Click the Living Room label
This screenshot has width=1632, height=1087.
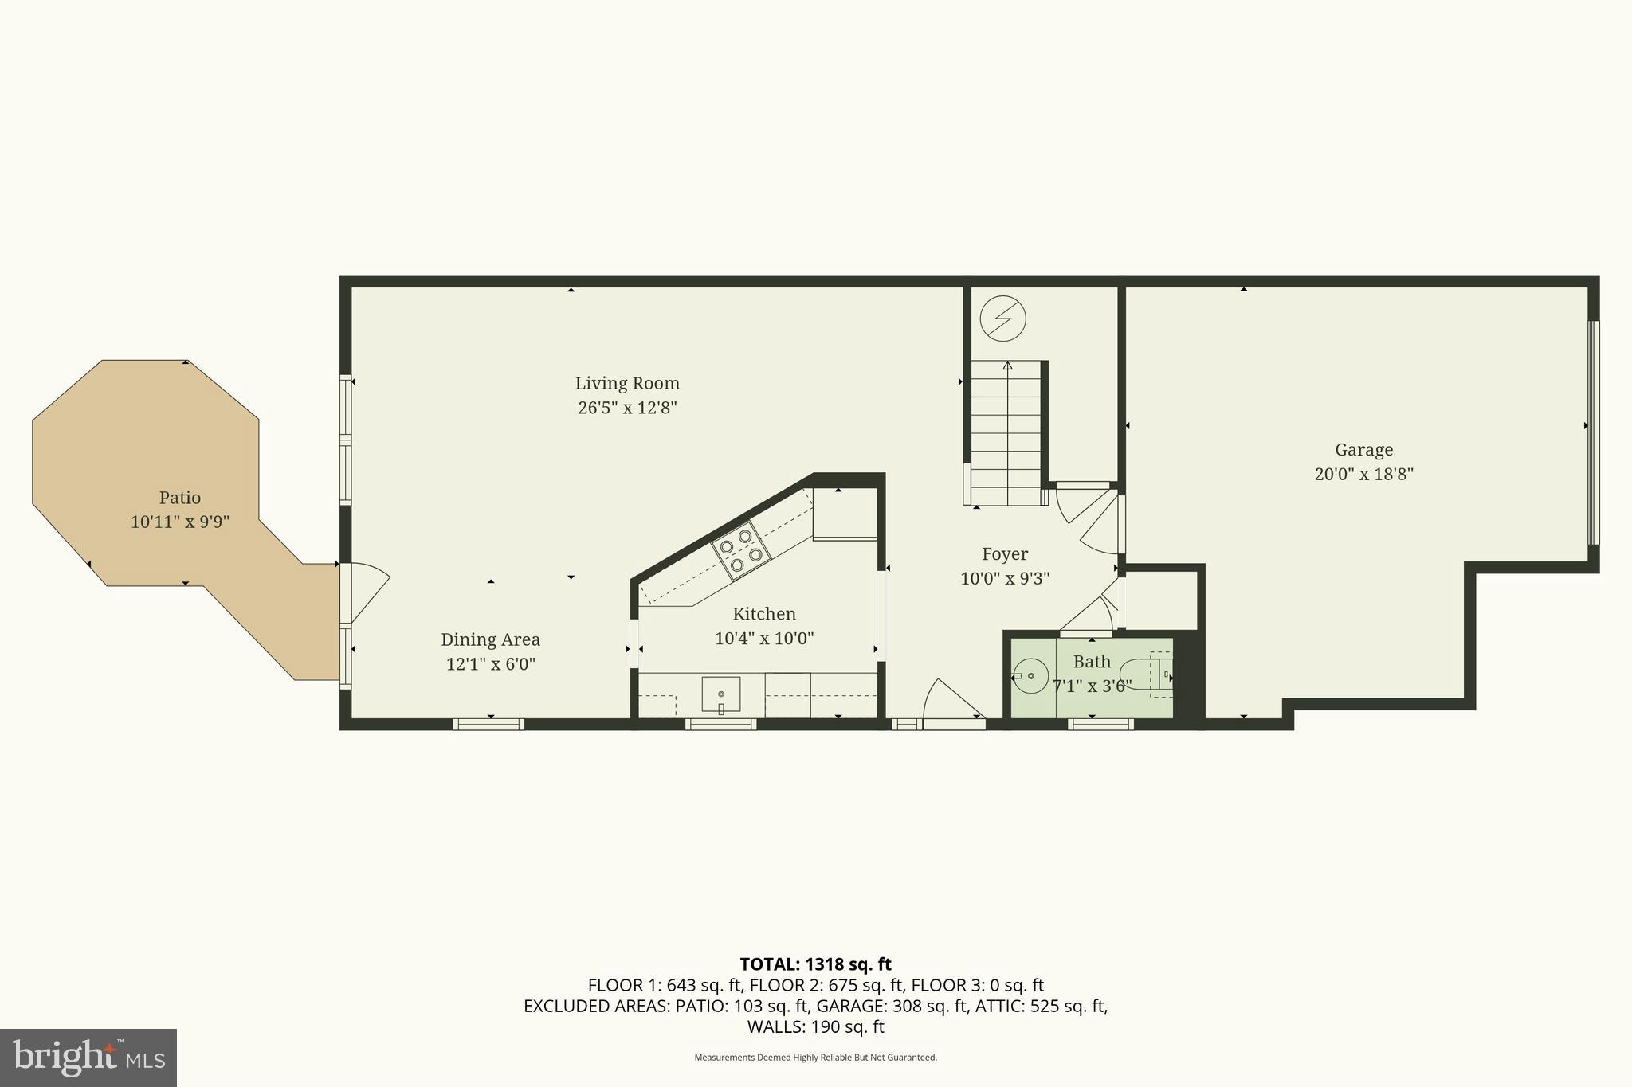pos(627,383)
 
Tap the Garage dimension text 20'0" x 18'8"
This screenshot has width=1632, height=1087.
pos(1363,475)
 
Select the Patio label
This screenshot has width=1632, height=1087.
pos(179,498)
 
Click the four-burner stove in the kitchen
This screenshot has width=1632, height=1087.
pos(741,549)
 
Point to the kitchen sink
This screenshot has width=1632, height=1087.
pos(720,694)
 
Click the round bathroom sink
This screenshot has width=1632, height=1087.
pos(1030,676)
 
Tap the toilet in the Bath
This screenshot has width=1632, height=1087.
pos(1147,674)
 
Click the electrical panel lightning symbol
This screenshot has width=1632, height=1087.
pos(1002,319)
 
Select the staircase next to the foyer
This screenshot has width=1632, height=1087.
pos(1006,434)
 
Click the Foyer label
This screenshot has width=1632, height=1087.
pos(1004,554)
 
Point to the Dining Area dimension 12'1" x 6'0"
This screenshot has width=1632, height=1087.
pos(490,664)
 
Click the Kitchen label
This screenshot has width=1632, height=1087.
pos(763,614)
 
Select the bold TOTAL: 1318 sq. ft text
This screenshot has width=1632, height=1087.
pos(815,964)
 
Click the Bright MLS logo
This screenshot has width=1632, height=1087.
pos(88,1058)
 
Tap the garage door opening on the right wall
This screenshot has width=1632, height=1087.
pos(1593,432)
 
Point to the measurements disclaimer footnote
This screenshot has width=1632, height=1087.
pos(815,1058)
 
